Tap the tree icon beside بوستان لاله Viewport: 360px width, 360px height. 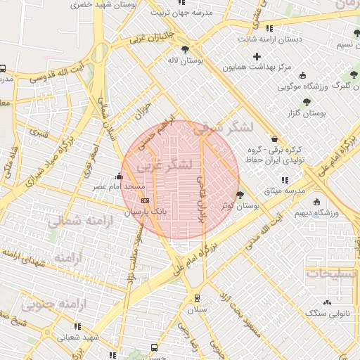tap(185, 50)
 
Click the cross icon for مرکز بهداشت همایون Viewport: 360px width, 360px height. tap(257, 56)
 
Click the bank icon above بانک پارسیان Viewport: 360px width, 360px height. tap(145, 200)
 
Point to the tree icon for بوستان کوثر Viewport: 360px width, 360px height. tap(240, 195)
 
